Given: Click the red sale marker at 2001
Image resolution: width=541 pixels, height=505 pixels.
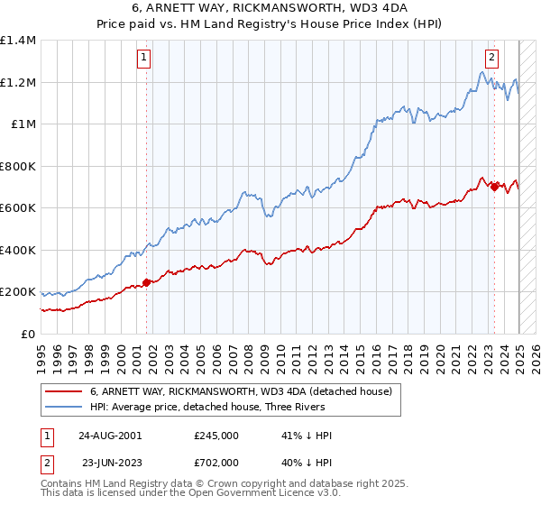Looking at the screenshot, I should click(x=147, y=282).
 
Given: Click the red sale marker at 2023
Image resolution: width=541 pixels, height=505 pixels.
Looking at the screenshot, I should click(x=494, y=187).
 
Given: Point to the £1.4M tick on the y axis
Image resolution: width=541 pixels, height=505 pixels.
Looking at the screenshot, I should click(x=18, y=41).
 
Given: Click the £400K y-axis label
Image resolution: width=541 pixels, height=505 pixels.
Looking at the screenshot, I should click(x=18, y=250).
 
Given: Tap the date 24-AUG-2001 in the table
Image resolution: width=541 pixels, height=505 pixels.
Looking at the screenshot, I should click(x=110, y=436).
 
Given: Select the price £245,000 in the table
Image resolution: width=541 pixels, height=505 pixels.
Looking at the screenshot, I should click(x=216, y=436).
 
